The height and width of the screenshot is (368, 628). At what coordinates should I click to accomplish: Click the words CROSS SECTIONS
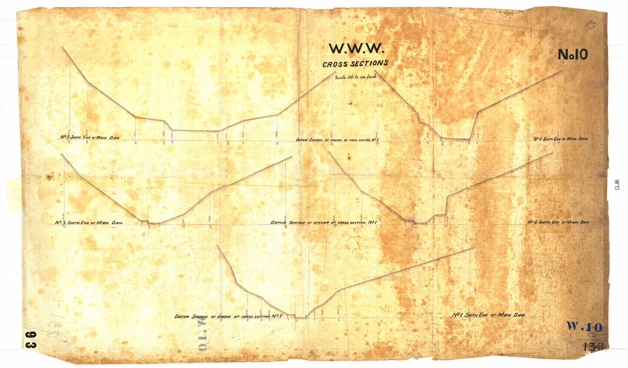point(355,64)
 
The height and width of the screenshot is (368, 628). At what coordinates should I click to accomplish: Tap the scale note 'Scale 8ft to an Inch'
point(355,76)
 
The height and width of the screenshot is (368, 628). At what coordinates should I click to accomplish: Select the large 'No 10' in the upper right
point(573,54)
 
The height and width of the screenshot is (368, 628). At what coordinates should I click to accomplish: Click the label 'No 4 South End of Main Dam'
point(560,139)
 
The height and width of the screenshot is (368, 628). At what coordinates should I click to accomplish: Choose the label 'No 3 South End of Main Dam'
point(88,223)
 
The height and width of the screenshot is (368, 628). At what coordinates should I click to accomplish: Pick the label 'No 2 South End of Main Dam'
point(558,222)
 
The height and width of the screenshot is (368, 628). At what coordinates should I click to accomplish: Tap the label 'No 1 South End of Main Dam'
point(488,315)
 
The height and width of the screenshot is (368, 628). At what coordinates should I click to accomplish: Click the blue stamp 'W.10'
point(584,326)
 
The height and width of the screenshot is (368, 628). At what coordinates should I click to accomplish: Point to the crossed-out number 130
point(593,346)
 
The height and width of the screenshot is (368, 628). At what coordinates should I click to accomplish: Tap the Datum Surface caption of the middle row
point(323,223)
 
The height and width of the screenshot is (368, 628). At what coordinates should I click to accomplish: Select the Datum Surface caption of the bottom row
point(228,316)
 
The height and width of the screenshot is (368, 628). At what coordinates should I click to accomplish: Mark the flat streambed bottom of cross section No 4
point(455,139)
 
